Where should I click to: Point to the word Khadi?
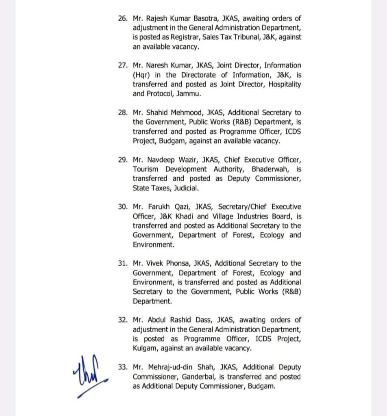174,217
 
